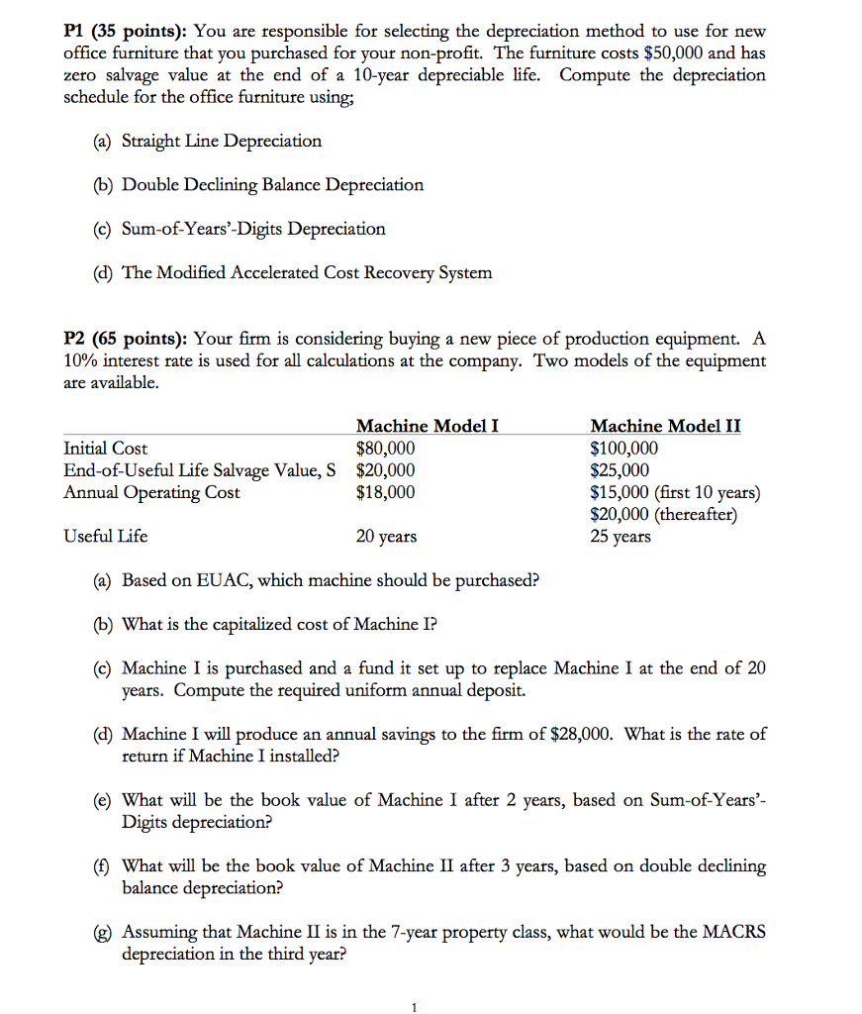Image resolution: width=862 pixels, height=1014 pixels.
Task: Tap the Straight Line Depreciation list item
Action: (221, 141)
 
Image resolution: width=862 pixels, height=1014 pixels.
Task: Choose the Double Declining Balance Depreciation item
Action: (272, 184)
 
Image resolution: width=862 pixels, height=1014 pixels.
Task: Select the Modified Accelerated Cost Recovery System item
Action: (306, 272)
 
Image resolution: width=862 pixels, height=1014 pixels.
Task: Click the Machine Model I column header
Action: (427, 426)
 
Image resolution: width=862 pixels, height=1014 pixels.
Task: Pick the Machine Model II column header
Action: (665, 426)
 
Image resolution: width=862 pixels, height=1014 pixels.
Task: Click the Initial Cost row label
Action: (106, 449)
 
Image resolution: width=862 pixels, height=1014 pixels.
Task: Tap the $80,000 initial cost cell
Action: (385, 449)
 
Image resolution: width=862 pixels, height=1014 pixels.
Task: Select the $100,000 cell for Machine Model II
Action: (623, 449)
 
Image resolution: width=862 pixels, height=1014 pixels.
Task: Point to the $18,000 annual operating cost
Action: (385, 492)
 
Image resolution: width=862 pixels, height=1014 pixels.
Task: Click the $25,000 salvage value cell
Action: (620, 470)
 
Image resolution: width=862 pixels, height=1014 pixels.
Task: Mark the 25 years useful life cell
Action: (621, 536)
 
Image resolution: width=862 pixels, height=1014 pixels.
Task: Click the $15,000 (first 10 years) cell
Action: (675, 492)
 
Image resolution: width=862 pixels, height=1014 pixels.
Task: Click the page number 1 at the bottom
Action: (415, 1008)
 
